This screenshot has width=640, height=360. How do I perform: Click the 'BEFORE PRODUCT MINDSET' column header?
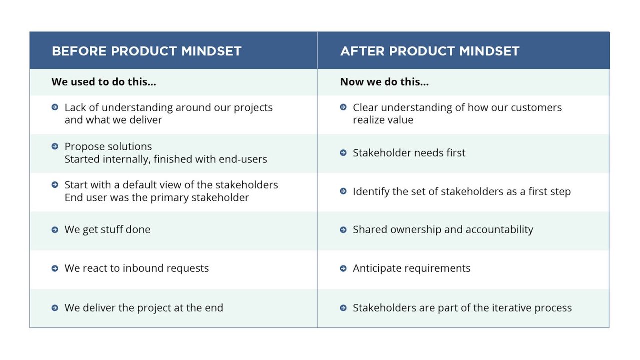146,51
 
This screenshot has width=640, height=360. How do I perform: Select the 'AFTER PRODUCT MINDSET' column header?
430,51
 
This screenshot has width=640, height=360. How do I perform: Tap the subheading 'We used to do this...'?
104,82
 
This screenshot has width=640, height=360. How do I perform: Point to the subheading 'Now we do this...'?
384,82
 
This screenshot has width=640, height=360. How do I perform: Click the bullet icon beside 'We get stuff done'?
55,230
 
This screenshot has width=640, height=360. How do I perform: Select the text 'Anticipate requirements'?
411,268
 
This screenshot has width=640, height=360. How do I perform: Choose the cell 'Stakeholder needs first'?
409,153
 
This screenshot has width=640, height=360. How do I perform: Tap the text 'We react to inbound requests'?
136,268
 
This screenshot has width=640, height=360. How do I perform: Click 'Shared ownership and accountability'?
443,230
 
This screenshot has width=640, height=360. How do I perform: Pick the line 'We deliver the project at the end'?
144,308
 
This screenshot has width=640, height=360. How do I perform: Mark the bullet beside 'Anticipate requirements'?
343,268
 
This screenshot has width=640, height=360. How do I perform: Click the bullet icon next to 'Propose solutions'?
55,146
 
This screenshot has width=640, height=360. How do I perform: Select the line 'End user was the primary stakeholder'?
156,197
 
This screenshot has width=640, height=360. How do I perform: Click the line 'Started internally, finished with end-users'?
166,159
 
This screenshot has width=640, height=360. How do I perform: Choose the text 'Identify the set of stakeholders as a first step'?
461,191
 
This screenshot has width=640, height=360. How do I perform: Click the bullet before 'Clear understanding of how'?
343,107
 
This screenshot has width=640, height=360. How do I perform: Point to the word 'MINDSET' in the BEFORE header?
211,51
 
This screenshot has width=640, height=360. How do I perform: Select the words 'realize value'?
383,120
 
